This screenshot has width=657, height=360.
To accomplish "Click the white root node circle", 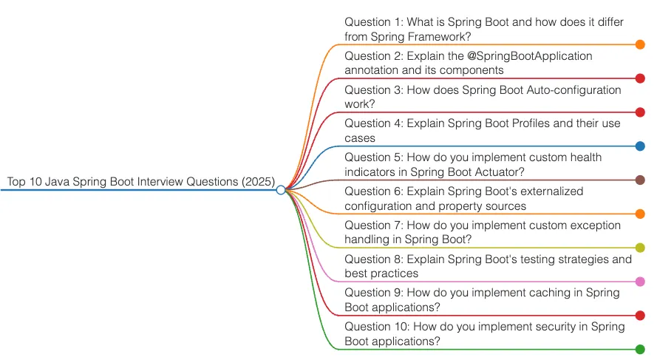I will click(281, 190).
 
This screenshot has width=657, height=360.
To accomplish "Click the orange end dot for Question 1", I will click(640, 44).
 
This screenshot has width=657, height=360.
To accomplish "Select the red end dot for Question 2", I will click(640, 78).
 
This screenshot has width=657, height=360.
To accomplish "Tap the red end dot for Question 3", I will click(640, 112).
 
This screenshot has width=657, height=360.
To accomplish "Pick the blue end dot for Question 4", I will click(640, 146).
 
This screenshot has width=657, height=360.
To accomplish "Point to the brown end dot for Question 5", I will click(640, 180).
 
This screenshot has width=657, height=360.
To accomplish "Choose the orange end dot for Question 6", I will click(640, 214).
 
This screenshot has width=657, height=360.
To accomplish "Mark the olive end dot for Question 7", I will click(640, 248).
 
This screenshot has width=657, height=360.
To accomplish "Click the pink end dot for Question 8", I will click(640, 282).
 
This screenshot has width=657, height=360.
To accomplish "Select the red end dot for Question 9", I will click(640, 315).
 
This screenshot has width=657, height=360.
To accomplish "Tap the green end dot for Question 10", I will click(640, 349).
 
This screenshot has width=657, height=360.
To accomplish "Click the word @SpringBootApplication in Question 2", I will click(529, 56).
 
